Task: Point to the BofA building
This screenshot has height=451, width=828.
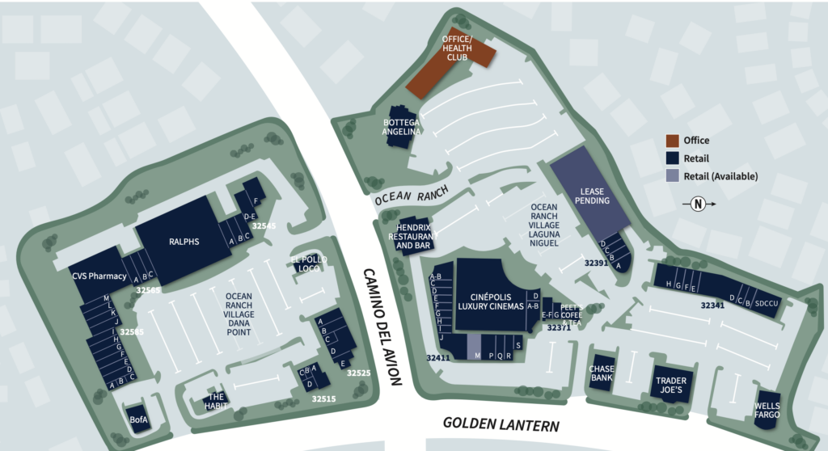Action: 138,419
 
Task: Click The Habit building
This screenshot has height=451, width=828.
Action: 216,402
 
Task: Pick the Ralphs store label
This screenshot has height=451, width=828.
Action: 184,241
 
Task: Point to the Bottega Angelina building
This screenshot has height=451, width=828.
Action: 403,127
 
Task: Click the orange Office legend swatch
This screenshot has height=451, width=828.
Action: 672,141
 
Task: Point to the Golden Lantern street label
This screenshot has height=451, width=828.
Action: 501,424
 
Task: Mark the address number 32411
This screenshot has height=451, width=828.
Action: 439,356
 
